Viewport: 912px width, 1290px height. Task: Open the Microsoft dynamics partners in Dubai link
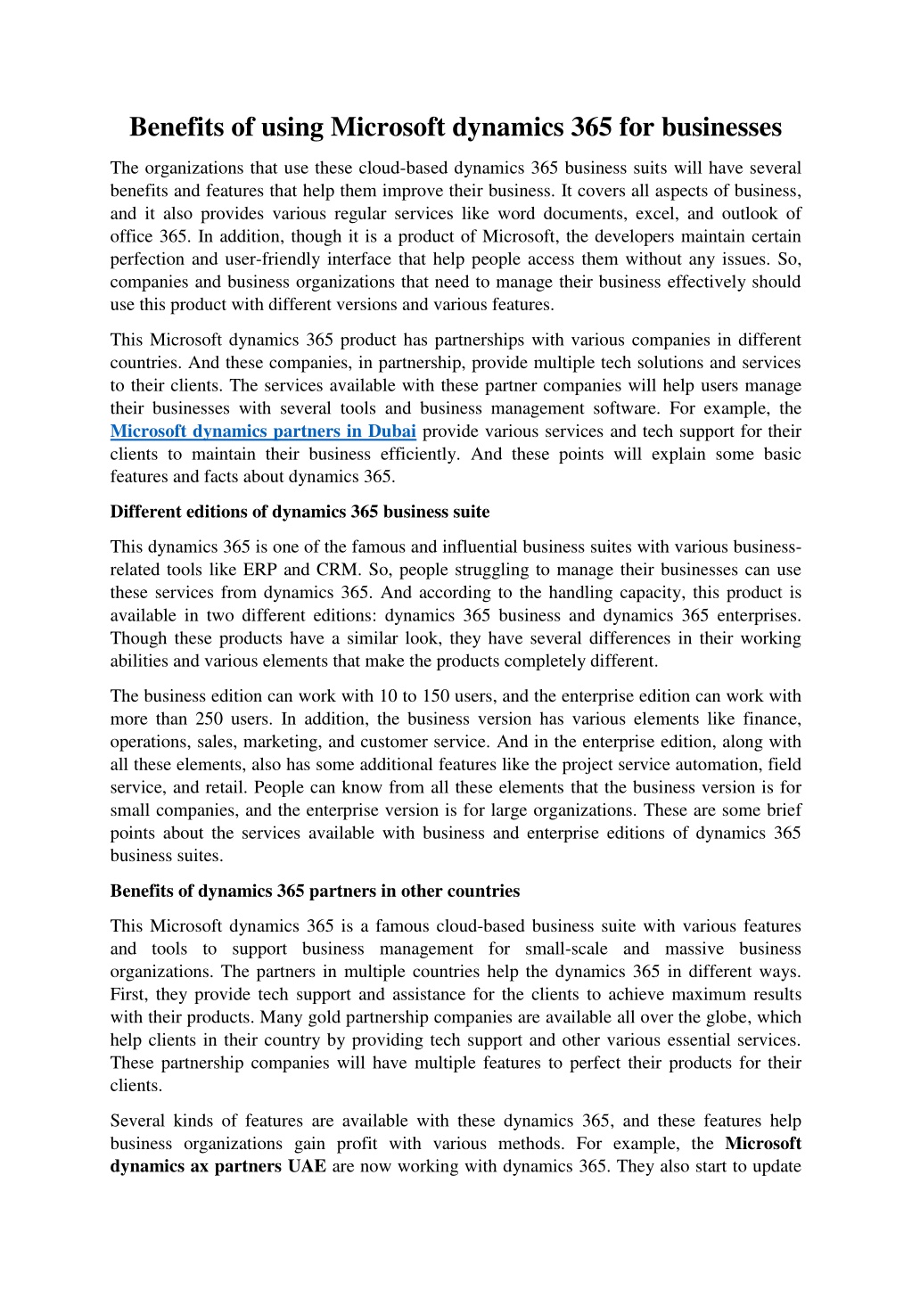click(x=263, y=431)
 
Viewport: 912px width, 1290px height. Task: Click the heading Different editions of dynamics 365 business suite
click(x=300, y=512)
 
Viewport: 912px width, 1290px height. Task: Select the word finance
click(x=772, y=719)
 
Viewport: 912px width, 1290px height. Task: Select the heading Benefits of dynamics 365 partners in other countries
click(x=315, y=891)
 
